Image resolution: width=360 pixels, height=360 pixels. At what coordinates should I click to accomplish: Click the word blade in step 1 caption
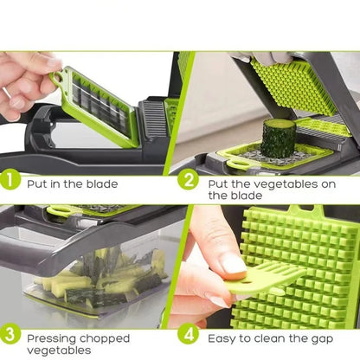click(100, 183)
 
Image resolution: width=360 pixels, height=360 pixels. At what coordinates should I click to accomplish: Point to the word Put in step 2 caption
click(218, 183)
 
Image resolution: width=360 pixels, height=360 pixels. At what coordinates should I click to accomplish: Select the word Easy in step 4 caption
click(222, 338)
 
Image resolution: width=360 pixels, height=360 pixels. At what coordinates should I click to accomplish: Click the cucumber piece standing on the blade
click(279, 138)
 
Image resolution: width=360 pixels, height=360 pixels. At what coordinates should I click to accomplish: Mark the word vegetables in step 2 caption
click(292, 183)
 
